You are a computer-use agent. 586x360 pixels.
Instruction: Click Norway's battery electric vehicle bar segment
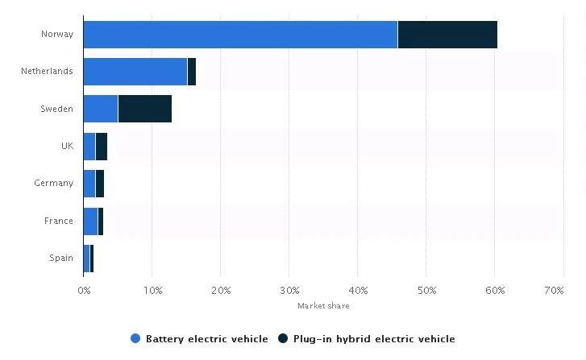240,34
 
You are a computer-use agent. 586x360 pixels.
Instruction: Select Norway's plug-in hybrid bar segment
447,34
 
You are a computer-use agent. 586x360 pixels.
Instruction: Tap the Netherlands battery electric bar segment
135,71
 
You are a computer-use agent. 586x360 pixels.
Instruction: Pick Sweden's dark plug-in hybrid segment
144,109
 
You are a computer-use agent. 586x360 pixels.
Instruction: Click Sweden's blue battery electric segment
100,109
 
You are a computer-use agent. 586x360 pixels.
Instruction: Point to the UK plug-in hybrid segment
101,146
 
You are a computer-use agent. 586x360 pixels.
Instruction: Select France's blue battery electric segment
90,221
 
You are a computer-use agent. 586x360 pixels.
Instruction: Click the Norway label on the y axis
56,34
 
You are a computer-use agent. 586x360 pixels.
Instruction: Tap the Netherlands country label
47,71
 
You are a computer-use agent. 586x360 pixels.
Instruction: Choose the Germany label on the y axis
53,184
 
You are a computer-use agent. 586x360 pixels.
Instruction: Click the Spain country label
60,259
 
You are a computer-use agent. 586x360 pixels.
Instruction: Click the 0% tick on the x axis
84,290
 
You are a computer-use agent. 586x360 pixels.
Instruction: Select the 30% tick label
289,290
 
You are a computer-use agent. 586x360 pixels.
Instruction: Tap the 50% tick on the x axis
427,290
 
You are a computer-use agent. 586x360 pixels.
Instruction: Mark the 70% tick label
554,290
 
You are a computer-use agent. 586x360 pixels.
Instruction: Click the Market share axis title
323,306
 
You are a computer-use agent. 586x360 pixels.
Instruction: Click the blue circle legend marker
135,339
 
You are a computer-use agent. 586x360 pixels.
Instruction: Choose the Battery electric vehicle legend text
206,339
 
